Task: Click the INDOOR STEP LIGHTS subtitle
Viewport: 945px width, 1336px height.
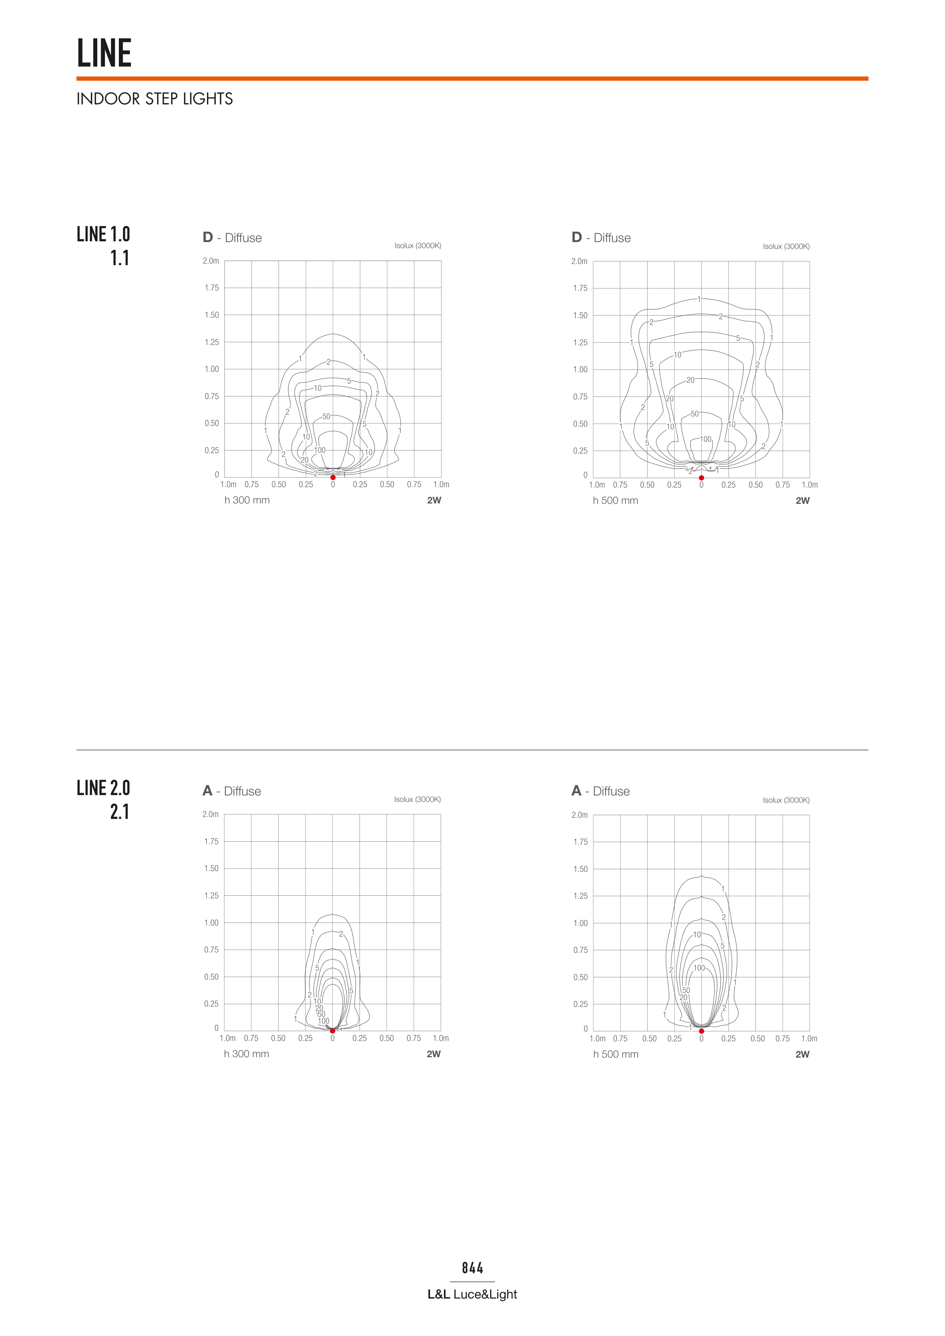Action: click(x=154, y=99)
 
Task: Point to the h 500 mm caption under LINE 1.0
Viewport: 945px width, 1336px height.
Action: click(x=615, y=500)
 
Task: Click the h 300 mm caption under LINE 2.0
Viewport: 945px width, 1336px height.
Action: click(x=246, y=1054)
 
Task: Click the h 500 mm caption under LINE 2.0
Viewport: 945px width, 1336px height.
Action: click(x=615, y=1054)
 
